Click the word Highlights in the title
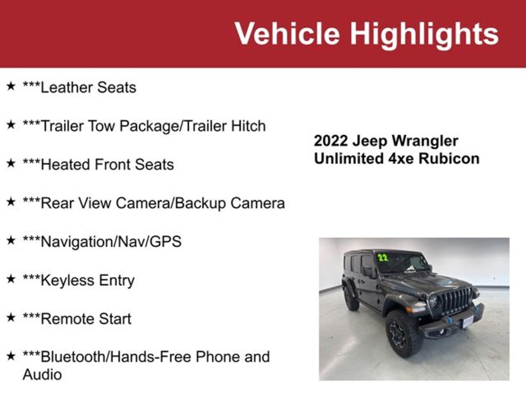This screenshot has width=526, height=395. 424,33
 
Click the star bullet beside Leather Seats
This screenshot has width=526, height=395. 11,86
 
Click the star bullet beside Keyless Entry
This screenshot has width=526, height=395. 11,279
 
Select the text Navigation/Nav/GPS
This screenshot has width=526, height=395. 102,242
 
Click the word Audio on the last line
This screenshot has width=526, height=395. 42,374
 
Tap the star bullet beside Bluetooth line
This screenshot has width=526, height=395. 11,356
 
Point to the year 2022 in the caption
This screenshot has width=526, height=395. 331,141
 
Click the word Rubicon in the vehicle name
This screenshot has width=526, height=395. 449,158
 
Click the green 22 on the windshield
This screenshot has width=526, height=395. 382,257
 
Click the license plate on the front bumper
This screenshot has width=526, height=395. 467,322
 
